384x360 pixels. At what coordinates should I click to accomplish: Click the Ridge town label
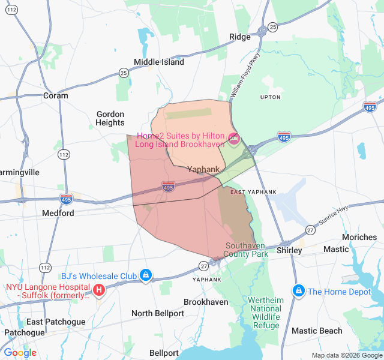pyautogui.click(x=240, y=37)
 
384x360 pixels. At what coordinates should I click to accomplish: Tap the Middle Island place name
pyautogui.click(x=159, y=62)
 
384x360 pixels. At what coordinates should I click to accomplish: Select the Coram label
pyautogui.click(x=56, y=95)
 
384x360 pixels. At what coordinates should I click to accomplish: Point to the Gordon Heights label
pyautogui.click(x=110, y=118)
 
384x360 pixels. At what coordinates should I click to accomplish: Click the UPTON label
pyautogui.click(x=270, y=97)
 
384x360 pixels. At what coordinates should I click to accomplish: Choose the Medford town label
pyautogui.click(x=58, y=213)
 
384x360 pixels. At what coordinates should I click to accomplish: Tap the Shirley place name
pyautogui.click(x=289, y=250)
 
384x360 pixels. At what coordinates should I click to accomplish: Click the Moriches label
pyautogui.click(x=359, y=237)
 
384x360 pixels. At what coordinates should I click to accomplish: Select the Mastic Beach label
pyautogui.click(x=317, y=331)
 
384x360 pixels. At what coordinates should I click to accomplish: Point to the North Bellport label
pyautogui.click(x=158, y=313)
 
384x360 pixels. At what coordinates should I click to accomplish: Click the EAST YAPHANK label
pyautogui.click(x=254, y=192)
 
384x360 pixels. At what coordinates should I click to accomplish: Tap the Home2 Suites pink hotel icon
pyautogui.click(x=233, y=139)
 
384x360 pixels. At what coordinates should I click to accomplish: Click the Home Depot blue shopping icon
pyautogui.click(x=298, y=291)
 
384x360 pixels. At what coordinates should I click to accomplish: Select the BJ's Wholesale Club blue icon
pyautogui.click(x=145, y=276)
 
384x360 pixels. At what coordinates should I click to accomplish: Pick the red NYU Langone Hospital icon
pyautogui.click(x=99, y=291)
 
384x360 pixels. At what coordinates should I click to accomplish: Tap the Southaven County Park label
pyautogui.click(x=246, y=250)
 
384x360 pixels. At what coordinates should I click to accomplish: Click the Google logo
pyautogui.click(x=20, y=353)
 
